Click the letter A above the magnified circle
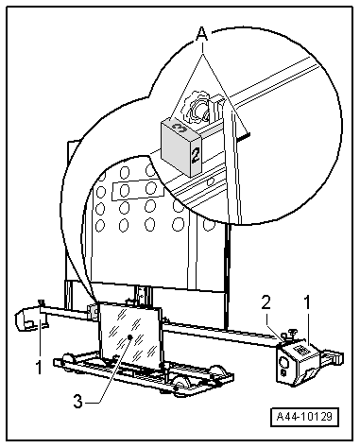click(202, 34)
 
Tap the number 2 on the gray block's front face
click(196, 156)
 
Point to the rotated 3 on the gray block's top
click(180, 128)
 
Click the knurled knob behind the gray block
click(197, 107)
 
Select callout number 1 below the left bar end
click(39, 368)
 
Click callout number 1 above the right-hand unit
click(306, 302)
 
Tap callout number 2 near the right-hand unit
click(266, 303)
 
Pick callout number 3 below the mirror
click(77, 402)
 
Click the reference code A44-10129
click(304, 417)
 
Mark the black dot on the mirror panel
click(129, 337)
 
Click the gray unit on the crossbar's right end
click(299, 362)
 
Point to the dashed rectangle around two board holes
click(138, 189)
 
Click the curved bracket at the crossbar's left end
click(26, 319)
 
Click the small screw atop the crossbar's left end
click(41, 303)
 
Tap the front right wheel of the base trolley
click(180, 385)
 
